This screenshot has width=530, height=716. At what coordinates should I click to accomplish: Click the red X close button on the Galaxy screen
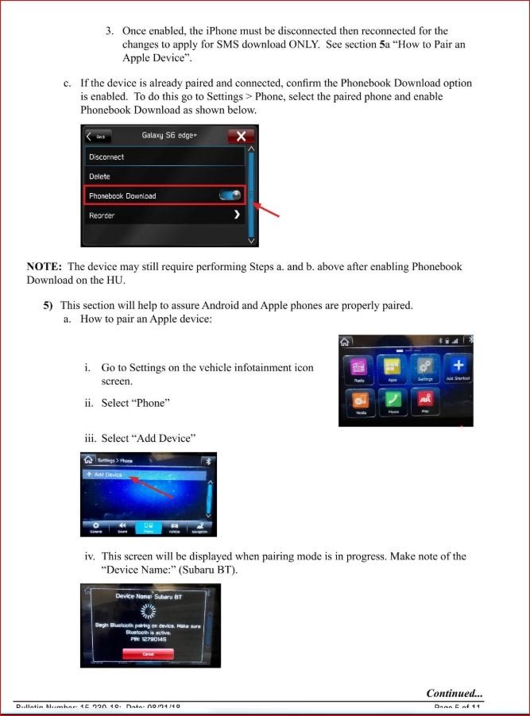click(x=240, y=136)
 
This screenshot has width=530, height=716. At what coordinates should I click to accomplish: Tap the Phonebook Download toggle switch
click(x=231, y=195)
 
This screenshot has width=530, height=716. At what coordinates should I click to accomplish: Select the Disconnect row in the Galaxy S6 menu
click(x=163, y=157)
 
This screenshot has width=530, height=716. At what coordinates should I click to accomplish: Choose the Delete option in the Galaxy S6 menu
click(x=163, y=176)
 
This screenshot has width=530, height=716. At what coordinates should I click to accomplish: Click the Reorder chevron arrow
click(x=237, y=215)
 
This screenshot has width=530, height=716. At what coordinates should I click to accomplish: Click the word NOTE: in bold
click(x=44, y=267)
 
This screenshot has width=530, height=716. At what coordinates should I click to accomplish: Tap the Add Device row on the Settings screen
click(x=143, y=474)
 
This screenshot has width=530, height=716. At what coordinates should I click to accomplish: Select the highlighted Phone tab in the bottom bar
click(x=149, y=527)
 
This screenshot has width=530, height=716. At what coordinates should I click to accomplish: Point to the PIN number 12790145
click(x=150, y=639)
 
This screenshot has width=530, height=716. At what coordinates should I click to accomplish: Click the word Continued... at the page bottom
click(x=454, y=693)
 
